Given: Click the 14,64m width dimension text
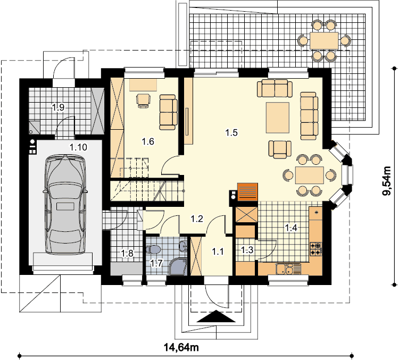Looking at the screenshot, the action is tap(181, 347).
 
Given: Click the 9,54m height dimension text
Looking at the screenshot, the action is tap(387, 181).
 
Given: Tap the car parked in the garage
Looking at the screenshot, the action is tap(65, 204).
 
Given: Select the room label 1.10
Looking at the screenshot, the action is tap(78, 147).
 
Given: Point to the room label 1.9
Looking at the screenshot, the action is tap(58, 107).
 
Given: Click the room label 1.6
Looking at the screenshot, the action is tap(148, 141).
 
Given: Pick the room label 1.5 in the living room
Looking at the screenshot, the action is tap(231, 132).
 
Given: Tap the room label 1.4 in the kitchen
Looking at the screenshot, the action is tap(291, 228).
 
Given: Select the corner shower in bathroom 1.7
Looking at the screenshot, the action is tap(178, 266).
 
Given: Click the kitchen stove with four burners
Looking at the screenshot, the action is tap(315, 249).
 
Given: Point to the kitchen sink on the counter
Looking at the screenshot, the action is tap(285, 269).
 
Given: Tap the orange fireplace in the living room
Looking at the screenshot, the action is tap(247, 191).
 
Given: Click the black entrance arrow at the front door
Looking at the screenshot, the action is tap(216, 316).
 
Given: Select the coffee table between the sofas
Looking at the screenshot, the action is tap(278, 118).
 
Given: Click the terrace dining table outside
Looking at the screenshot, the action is tap(324, 41).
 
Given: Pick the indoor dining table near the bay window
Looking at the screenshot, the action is tap(310, 175).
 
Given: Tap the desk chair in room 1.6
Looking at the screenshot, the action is tap(144, 101).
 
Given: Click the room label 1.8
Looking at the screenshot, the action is tap(127, 254).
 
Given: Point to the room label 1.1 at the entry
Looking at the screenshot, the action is tap(218, 252).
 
